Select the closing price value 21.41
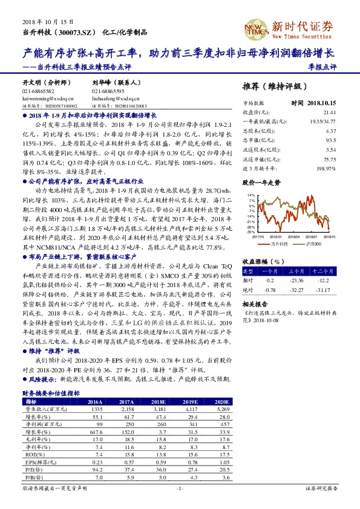(x=329, y=112)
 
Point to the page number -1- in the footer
(x=180, y=488)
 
